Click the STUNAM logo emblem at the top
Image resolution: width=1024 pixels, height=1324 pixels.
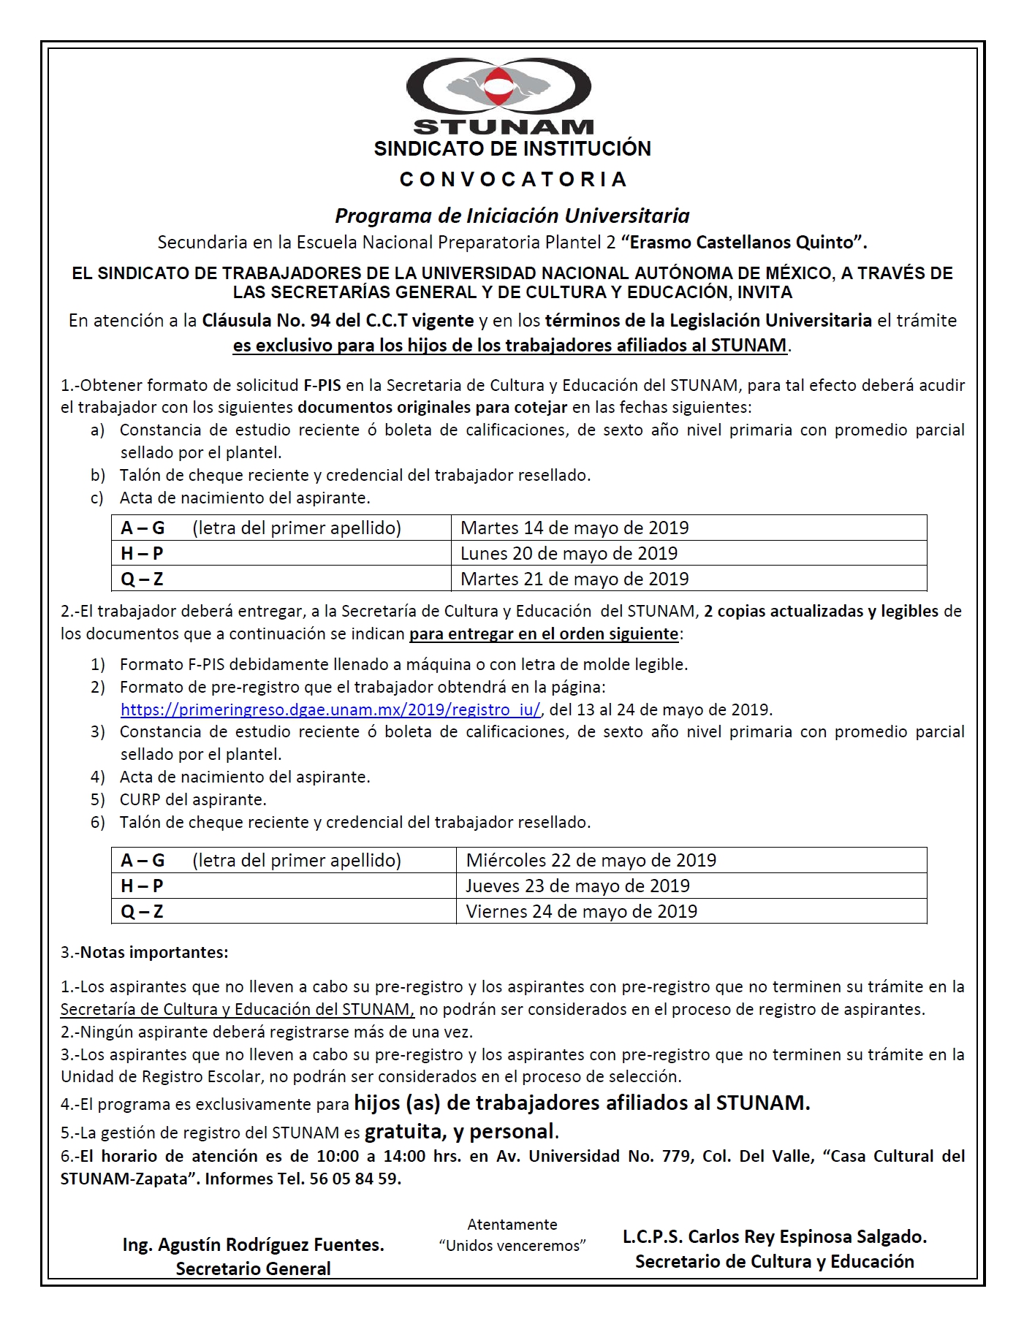coord(499,87)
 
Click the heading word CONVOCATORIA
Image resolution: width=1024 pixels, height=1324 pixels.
coord(513,180)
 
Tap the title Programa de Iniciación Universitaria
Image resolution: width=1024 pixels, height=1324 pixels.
coord(512,216)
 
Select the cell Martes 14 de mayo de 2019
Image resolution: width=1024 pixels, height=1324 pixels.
coord(574,528)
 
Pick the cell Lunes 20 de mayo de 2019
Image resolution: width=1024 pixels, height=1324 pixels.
coord(569,553)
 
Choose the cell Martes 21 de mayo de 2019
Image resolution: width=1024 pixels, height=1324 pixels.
coord(574,579)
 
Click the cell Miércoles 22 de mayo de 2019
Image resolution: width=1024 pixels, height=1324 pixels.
coord(591,860)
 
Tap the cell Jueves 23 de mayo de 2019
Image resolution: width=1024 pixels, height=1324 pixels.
coord(577,886)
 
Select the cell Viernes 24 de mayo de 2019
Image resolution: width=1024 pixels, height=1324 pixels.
coord(581,911)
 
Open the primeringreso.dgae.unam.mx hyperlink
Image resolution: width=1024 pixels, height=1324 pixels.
coord(330,709)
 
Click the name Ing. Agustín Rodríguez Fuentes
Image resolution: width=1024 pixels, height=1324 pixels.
coord(254,1244)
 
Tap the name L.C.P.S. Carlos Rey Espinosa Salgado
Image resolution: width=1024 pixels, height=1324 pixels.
coord(774,1236)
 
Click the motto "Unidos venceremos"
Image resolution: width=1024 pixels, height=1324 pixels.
coord(512,1245)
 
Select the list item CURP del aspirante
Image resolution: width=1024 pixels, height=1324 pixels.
coord(193,799)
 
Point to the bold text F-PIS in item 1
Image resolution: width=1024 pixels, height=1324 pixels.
coord(322,385)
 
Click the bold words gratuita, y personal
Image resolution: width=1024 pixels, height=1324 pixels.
coord(461,1131)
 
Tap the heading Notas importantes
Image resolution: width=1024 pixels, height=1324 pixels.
coord(153,952)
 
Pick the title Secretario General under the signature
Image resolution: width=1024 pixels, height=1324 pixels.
coord(254,1268)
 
